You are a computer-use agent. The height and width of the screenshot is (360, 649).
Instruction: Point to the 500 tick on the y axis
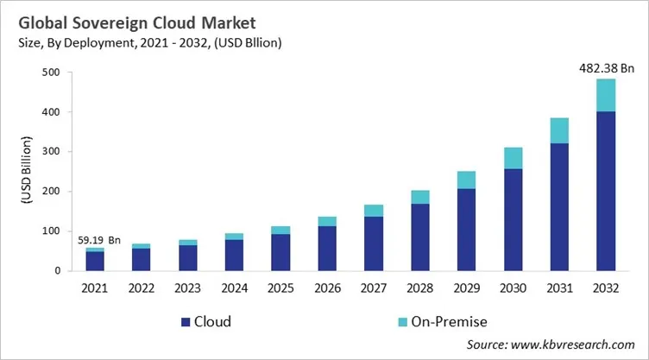pyautogui.click(x=54, y=73)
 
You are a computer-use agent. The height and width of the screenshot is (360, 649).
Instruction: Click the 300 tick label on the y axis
pyautogui.click(x=54, y=152)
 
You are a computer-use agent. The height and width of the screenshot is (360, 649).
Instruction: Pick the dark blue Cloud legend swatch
pyautogui.click(x=185, y=322)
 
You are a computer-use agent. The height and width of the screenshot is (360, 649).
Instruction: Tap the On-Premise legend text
pyautogui.click(x=448, y=322)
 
